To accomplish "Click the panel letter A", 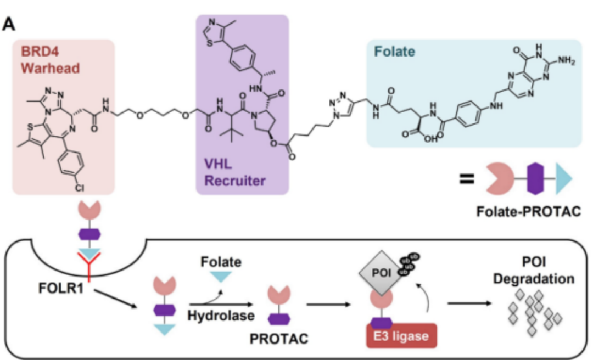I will point(9,25).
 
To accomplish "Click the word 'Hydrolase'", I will point(220,316).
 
